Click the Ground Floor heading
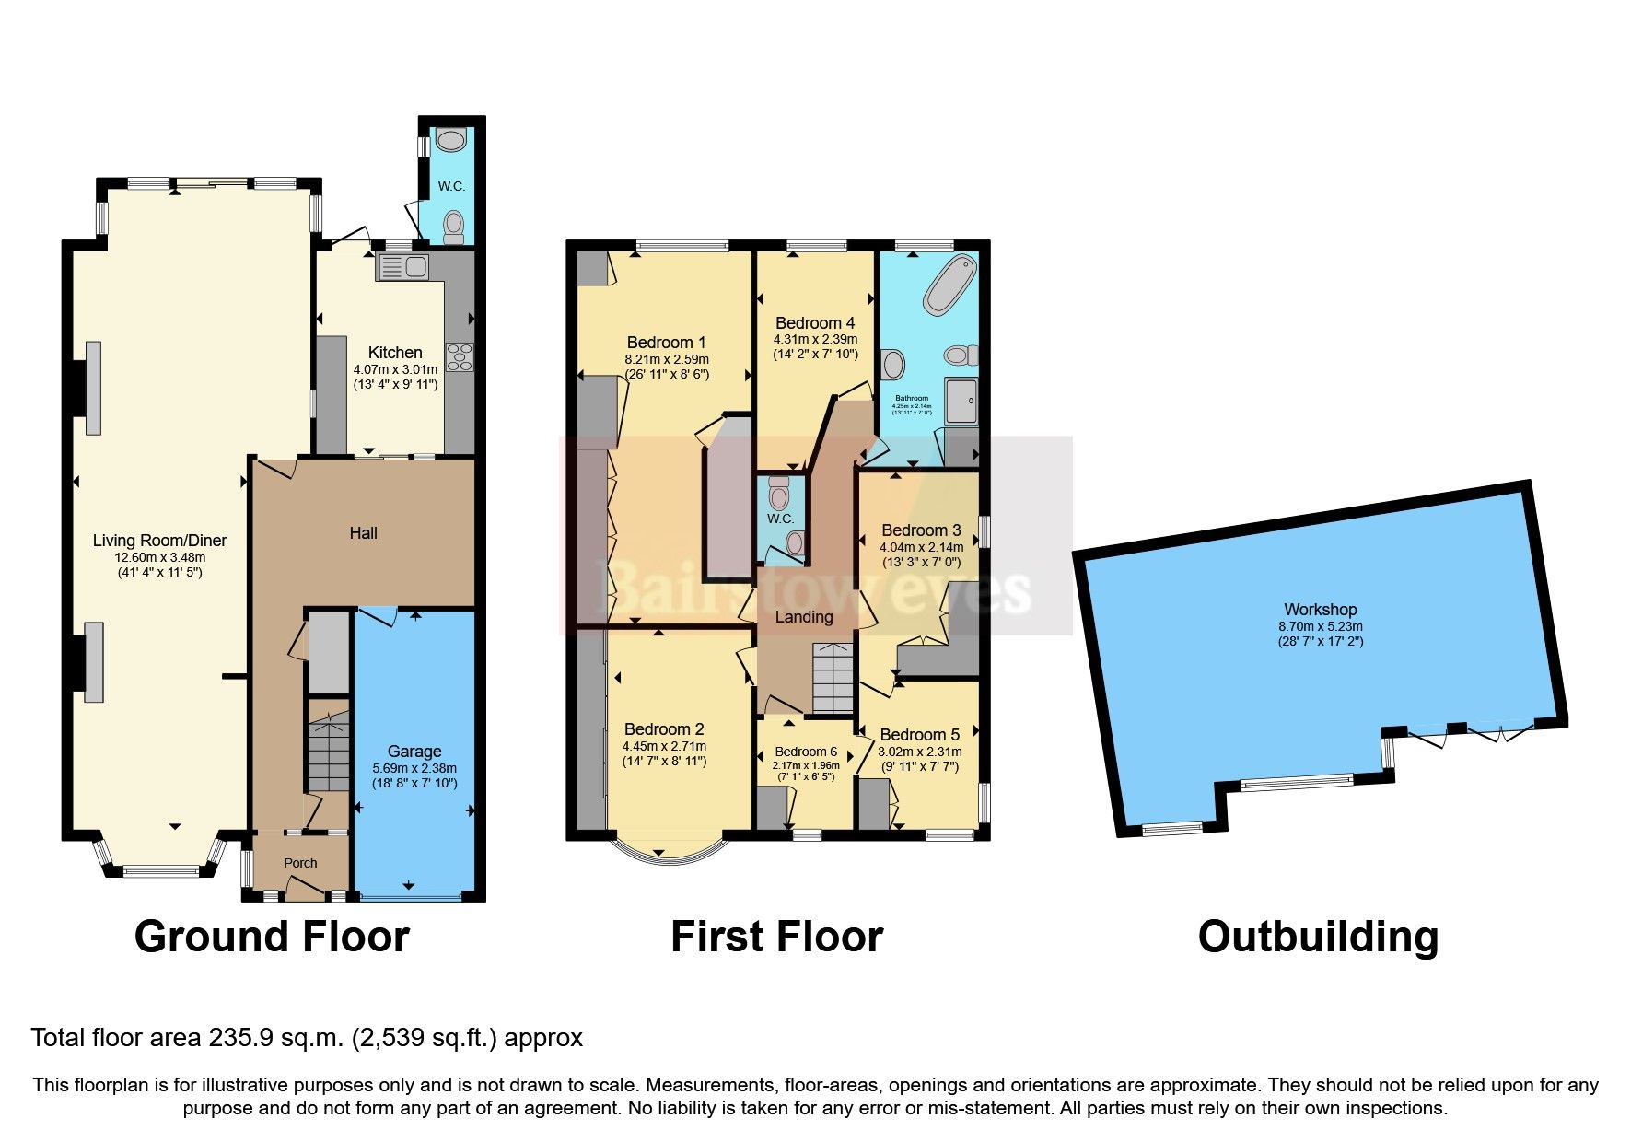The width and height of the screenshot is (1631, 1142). point(272,937)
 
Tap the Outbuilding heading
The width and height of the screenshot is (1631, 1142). point(1318,937)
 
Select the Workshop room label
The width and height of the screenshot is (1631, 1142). point(1320,610)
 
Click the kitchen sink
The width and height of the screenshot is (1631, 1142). point(403,268)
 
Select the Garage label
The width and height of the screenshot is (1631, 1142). point(414,752)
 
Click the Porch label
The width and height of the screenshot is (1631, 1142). point(300,863)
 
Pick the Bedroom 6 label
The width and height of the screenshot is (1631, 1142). point(806,752)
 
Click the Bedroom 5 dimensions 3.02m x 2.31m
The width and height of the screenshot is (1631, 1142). point(919,752)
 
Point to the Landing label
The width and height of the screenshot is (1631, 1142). point(803,617)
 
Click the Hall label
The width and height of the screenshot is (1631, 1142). point(363,533)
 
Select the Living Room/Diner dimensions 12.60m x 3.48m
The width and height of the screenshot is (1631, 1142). point(159,557)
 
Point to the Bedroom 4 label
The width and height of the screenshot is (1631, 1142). point(815,323)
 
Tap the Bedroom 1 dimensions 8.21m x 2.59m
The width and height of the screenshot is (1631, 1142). point(667,359)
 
